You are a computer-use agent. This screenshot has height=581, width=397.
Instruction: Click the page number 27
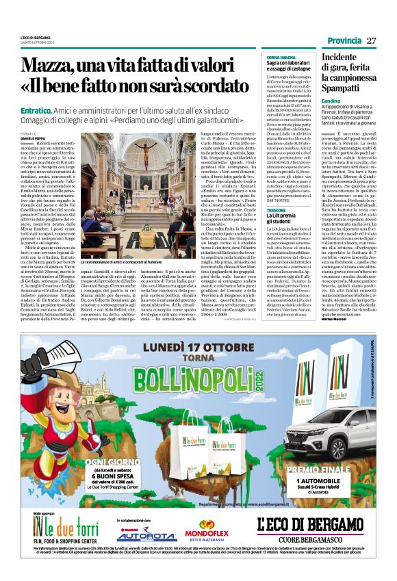coord(372,40)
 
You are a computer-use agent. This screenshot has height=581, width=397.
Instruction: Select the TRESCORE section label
coord(277,210)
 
